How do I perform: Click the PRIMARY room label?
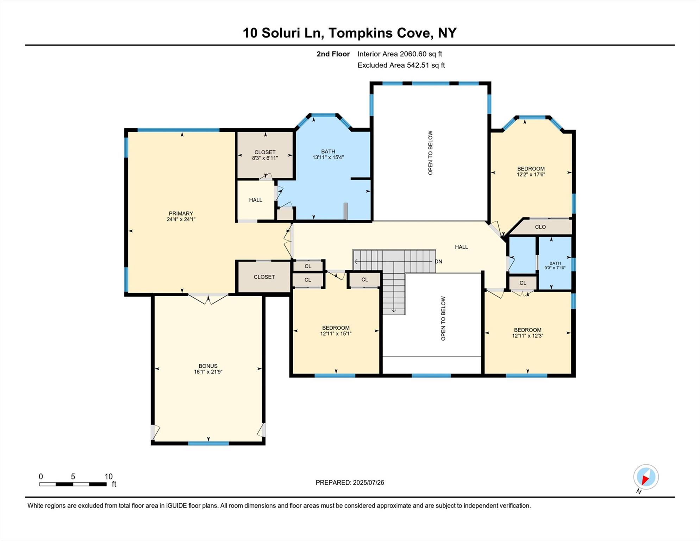pos(181,213)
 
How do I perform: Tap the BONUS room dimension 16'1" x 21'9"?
pos(208,372)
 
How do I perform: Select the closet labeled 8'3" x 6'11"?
pos(265,155)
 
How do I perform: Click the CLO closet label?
pos(540,227)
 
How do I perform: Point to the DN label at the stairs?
pos(438,261)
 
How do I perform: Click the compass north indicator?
pos(646,477)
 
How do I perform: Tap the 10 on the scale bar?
pos(108,477)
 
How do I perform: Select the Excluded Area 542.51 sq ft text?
pos(401,65)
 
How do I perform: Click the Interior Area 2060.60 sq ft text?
pos(400,54)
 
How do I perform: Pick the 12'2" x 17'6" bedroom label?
pos(531,172)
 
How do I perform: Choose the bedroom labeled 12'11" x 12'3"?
pos(527,333)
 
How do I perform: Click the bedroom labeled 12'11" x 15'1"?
pos(336,331)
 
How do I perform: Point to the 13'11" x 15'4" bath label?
pos(328,154)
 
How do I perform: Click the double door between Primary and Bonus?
pos(208,299)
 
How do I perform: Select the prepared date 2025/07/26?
pos(350,483)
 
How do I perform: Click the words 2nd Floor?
pos(333,54)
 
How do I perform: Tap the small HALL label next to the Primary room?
pos(256,200)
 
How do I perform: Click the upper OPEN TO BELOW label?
pos(430,153)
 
